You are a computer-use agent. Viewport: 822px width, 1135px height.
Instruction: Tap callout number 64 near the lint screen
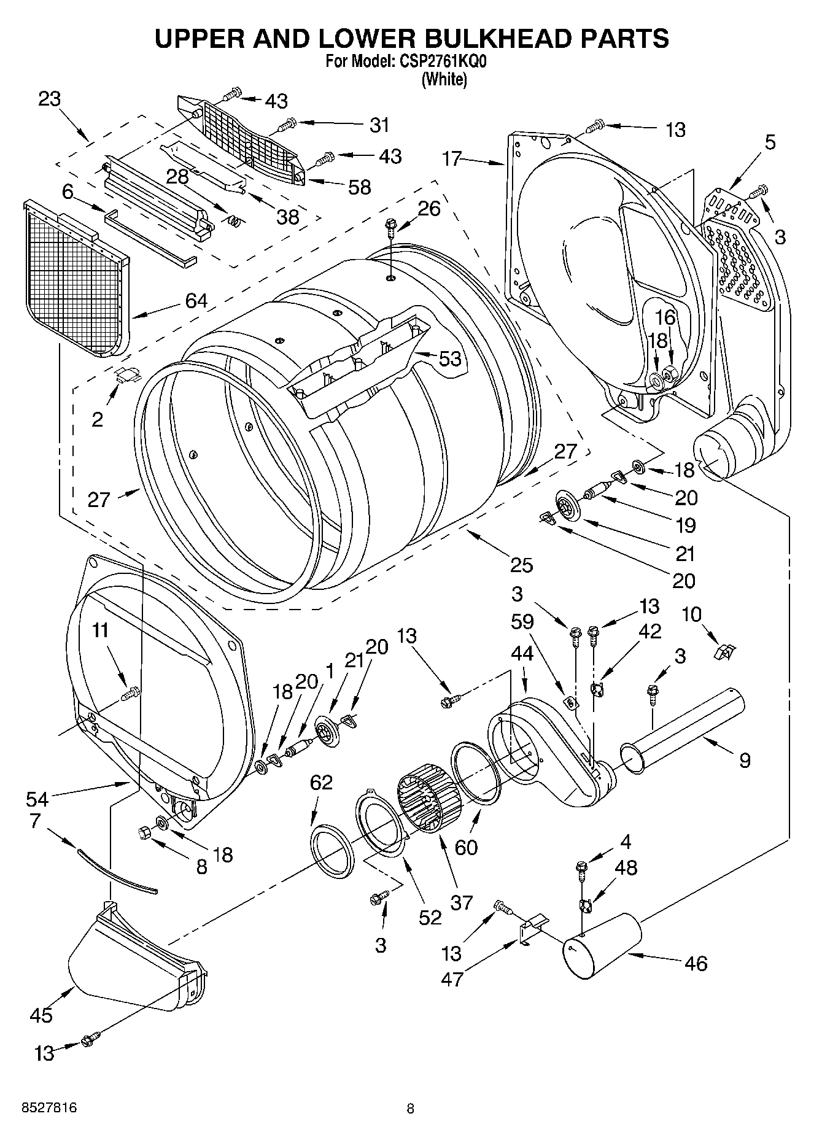(196, 301)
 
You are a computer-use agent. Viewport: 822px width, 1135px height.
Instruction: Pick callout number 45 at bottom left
(41, 1015)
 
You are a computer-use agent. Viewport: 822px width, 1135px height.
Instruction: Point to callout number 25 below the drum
(521, 565)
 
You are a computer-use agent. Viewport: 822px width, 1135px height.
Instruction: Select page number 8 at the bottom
(410, 1109)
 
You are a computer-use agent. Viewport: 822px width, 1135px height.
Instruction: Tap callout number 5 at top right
(770, 142)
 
